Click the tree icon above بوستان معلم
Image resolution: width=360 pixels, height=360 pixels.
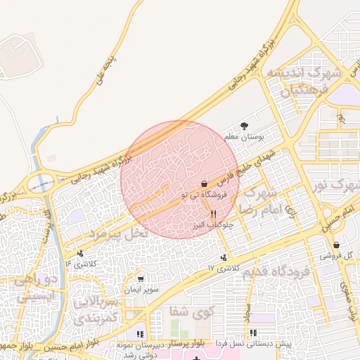(x=244, y=125)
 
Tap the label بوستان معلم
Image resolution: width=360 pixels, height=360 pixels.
(x=243, y=136)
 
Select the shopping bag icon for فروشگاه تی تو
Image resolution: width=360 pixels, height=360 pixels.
(x=204, y=184)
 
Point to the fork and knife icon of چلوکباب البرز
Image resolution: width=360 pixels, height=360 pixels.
(x=212, y=213)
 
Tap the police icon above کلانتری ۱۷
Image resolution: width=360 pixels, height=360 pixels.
(x=224, y=258)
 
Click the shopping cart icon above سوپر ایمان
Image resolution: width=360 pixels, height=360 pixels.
(x=141, y=279)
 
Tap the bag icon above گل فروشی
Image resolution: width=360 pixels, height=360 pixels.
(x=336, y=245)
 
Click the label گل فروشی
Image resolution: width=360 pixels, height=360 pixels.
(x=335, y=256)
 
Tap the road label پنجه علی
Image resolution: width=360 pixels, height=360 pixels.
(x=103, y=73)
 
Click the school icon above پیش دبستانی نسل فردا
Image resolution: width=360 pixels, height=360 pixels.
(x=253, y=333)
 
